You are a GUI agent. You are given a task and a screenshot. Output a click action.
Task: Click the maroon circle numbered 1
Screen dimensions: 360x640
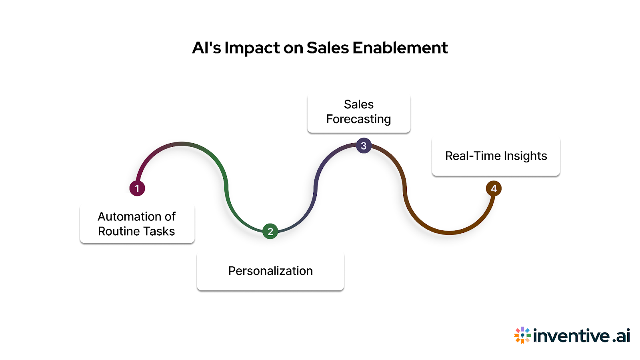137,188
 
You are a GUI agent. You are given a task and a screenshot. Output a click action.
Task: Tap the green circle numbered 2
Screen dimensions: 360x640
270,231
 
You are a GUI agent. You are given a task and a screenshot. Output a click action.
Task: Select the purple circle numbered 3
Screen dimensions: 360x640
364,146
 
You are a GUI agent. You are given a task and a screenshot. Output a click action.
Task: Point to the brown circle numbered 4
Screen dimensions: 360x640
494,188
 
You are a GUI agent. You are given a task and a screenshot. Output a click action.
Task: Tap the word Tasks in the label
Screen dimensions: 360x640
160,231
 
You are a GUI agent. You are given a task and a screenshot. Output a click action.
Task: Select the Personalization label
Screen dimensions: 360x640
270,271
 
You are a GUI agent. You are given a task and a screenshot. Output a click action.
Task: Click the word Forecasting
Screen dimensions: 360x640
358,119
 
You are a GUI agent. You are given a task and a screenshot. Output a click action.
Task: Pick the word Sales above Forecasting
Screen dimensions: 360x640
358,104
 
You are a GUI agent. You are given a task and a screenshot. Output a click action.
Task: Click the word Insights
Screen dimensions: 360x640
525,156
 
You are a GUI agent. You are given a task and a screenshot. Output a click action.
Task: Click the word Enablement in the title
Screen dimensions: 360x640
400,48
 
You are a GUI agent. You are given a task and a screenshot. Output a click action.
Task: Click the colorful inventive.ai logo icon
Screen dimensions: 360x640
522,335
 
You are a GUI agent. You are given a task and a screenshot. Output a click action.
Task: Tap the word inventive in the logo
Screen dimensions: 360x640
572,335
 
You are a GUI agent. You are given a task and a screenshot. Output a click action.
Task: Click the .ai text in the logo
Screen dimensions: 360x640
621,335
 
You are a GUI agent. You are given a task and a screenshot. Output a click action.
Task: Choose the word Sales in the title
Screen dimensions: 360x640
328,48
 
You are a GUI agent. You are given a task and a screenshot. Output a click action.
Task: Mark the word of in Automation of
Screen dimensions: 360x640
170,216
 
